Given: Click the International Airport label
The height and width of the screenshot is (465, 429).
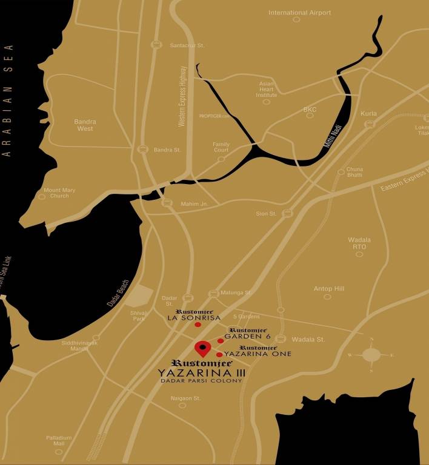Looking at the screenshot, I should tap(299, 13).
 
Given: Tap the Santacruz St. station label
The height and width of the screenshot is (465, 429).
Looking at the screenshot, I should tap(188, 45).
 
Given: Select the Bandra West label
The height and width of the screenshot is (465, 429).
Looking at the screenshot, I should tap(85, 125).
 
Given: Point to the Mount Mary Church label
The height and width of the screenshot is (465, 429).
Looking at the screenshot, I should tap(59, 193).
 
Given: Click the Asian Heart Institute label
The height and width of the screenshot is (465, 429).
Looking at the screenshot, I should tap(267, 90).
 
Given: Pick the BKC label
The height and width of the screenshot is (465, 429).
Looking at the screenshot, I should tap(310, 110).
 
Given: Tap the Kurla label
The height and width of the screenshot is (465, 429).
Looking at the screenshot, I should tap(368, 114).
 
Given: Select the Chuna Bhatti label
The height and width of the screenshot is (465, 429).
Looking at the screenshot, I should tap(354, 172).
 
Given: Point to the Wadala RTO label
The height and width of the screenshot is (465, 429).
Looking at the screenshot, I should tap(359, 243).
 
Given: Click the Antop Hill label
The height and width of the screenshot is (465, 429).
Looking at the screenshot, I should tap(328, 289).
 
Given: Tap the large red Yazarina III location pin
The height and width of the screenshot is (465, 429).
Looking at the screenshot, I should tap(202, 349).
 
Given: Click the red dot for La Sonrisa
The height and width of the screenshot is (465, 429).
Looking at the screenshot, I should tap(198, 325).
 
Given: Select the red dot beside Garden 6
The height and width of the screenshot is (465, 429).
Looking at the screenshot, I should tap(221, 341).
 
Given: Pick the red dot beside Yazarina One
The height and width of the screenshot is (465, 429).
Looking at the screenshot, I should tap(219, 354).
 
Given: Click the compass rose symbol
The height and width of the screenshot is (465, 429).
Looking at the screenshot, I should tap(371, 355).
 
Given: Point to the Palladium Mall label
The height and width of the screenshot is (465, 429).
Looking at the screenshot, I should tap(59, 441).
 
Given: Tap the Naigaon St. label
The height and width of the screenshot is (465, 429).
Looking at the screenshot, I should tap(185, 398).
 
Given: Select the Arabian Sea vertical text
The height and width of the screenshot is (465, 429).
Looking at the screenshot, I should tap(8, 100).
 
